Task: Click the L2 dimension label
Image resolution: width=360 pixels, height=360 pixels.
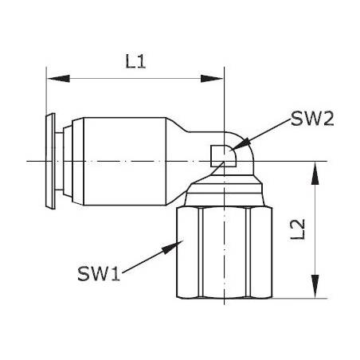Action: pos(296,231)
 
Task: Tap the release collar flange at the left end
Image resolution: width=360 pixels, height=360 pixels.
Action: pos(50,162)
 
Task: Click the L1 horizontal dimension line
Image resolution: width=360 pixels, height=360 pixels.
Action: pos(135,79)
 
